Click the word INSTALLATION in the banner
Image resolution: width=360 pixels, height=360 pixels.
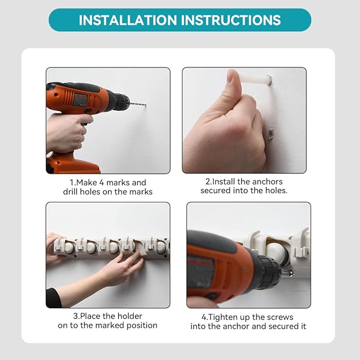tap(127, 20)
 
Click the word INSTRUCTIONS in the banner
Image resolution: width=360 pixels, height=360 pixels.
tap(231, 20)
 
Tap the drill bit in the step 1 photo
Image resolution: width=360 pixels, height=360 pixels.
tap(138, 104)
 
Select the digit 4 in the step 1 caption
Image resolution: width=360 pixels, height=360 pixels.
tap(102, 182)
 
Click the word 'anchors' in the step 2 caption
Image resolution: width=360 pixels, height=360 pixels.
tap(269, 182)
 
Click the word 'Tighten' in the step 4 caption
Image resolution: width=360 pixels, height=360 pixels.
tap(224, 317)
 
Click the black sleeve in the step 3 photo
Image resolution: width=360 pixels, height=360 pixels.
tap(53, 298)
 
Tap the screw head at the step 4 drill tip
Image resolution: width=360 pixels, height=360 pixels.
tap(291, 273)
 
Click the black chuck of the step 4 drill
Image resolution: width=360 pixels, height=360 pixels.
tap(269, 271)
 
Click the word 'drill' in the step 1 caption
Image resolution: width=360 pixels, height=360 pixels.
tap(70, 191)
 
